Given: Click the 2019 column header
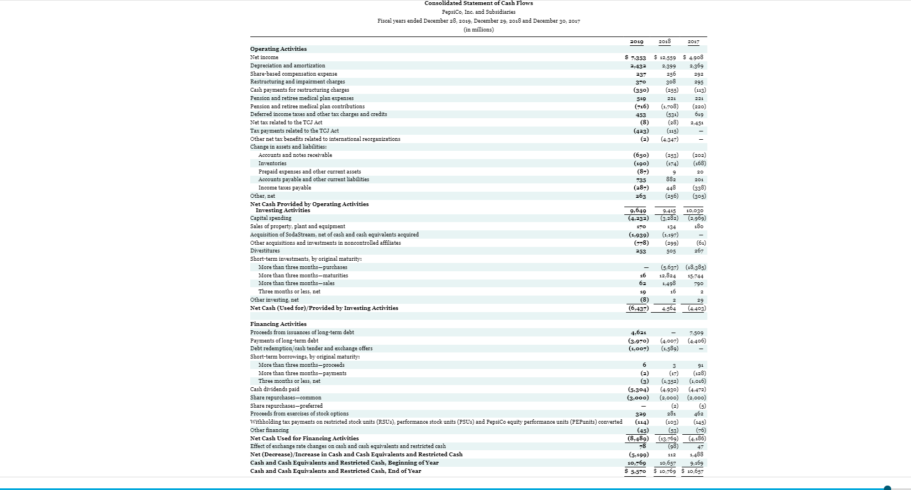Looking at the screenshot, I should coord(636,41).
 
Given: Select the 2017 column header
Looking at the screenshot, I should coord(693,41).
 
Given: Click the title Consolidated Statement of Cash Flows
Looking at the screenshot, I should coord(478,3).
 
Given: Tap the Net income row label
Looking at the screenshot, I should coord(264,57).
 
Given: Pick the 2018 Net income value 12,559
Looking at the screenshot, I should coord(666,57).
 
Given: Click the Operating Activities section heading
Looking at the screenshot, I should coord(278,49).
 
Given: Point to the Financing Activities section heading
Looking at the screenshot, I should coord(278,324).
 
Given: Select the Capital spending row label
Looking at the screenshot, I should coord(270,218).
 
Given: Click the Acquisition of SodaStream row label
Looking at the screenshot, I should coord(334,235).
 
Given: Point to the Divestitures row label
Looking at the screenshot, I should coord(265,251).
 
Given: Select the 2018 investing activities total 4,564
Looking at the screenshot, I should coord(668,309).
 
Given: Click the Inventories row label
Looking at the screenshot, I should coord(272,164).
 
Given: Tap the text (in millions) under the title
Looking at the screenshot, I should coord(478,30).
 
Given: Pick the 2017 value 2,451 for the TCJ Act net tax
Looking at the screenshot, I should coord(697,123).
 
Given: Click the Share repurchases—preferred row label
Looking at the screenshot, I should coord(286,405).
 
